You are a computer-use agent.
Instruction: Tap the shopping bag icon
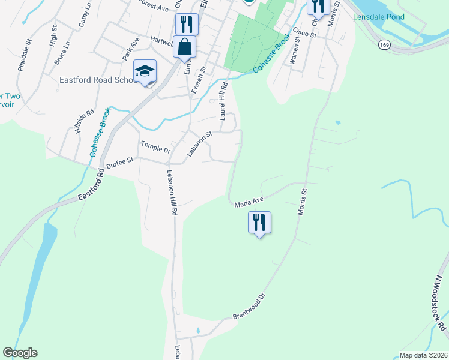(x=185, y=47)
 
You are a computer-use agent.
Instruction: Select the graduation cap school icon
(x=145, y=71)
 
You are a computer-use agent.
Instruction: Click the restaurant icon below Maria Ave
(x=259, y=222)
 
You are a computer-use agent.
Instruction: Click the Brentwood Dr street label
(x=248, y=307)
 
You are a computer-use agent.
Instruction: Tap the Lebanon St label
(x=199, y=145)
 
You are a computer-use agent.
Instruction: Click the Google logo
(x=20, y=353)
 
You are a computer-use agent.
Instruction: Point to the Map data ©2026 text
(x=423, y=355)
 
